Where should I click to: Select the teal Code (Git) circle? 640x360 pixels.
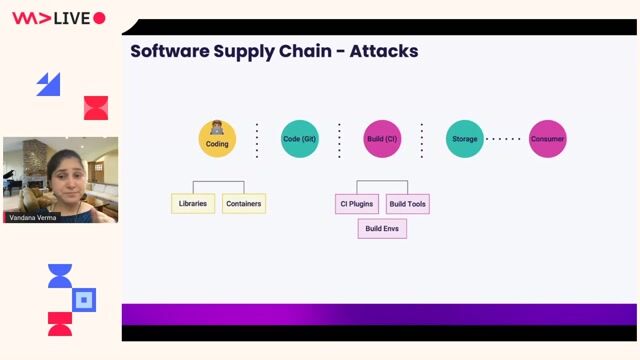pos(300,139)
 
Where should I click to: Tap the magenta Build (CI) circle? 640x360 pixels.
pos(382,139)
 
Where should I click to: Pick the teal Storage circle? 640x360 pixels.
pos(464,139)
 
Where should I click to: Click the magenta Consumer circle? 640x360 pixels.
pos(547,139)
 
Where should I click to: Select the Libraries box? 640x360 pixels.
pos(193,204)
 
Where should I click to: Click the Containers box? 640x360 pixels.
pos(244,204)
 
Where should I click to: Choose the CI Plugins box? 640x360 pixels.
pos(357,204)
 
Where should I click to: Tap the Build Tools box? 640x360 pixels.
pos(408,204)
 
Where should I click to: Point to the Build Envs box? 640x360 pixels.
pos(382,228)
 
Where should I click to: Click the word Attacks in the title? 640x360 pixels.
pos(384,51)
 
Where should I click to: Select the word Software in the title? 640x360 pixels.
pos(169,51)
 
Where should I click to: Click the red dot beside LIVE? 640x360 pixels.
pos(99,18)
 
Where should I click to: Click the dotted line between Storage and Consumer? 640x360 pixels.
pos(505,139)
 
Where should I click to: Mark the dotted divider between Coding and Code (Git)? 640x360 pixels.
pos(257,140)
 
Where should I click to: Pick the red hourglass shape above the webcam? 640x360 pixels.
pos(96,108)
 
